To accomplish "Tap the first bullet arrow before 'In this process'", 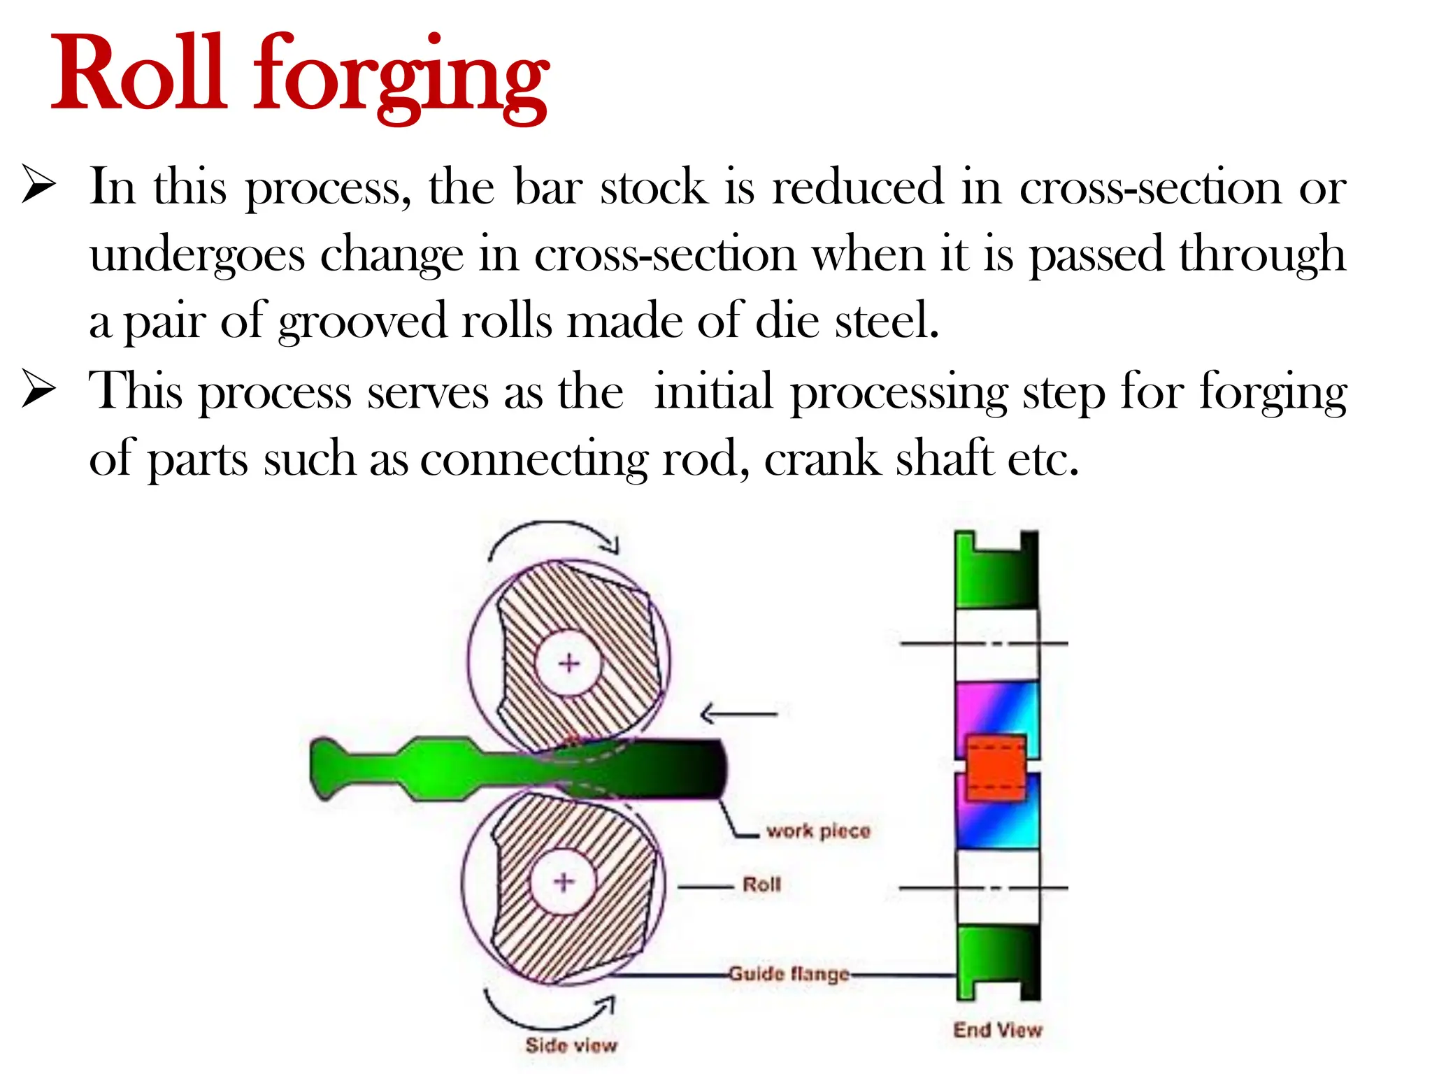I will tap(38, 185).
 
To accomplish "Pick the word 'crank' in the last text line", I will tap(822, 459).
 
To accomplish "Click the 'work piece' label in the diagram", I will tap(818, 831).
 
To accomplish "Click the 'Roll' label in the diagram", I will tap(761, 885).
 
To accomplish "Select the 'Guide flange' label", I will tap(789, 973).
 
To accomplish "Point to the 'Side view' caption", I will tap(571, 1045).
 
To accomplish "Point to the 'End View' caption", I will tap(998, 1030).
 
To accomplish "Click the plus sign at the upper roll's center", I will tap(569, 663).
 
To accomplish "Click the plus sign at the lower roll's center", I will tap(564, 882).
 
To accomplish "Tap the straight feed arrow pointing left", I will tap(738, 714).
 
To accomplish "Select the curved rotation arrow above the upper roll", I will tap(552, 535).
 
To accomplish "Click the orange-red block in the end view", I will tap(996, 767).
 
